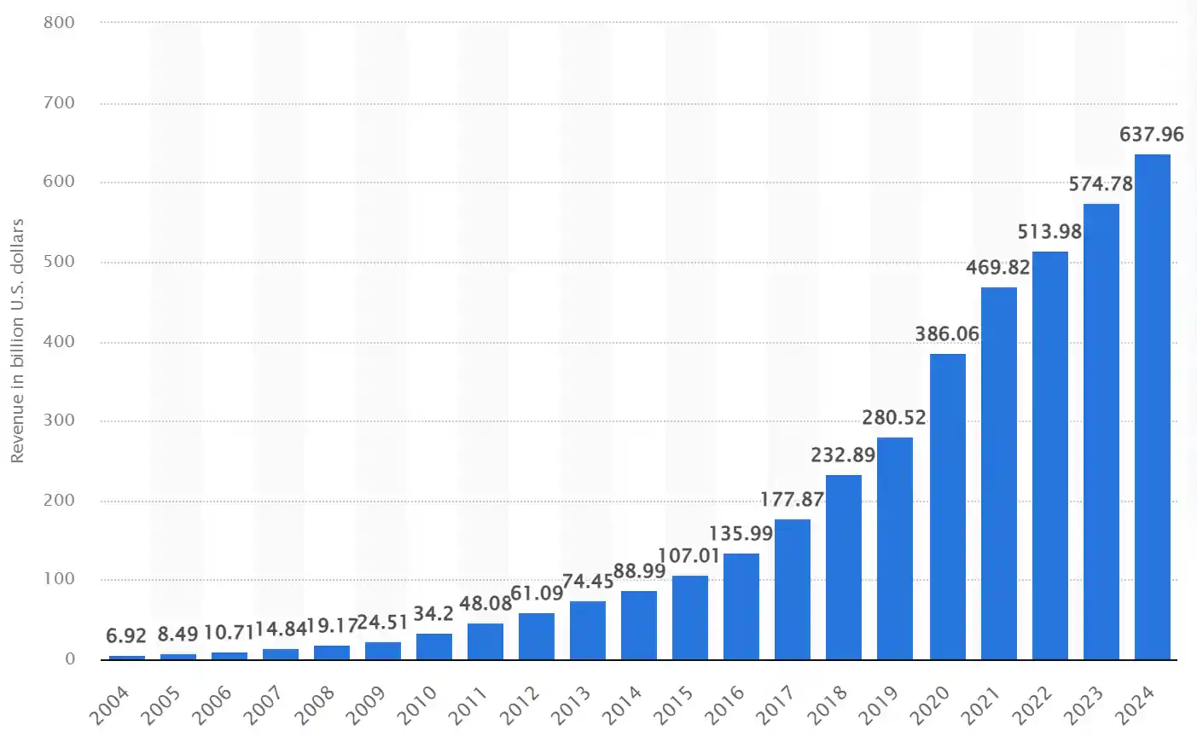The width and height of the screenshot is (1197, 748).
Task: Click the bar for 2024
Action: pyautogui.click(x=1152, y=407)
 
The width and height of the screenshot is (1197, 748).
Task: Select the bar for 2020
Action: pyautogui.click(x=947, y=507)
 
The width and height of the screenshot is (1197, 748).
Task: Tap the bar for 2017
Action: pyautogui.click(x=793, y=589)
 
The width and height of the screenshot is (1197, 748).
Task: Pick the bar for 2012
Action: pyautogui.click(x=537, y=636)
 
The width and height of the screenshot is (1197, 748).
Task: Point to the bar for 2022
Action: pyautogui.click(x=1049, y=455)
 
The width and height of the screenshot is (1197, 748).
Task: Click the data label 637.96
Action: pyautogui.click(x=1152, y=135)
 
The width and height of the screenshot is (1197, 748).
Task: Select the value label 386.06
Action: pyautogui.click(x=947, y=334)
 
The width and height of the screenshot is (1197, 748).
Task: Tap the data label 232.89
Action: pyautogui.click(x=843, y=455)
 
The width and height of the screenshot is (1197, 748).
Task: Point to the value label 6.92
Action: pyautogui.click(x=126, y=636)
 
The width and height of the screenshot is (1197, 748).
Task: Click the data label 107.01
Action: pyautogui.click(x=689, y=556)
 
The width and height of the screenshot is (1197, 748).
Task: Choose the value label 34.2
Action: pyautogui.click(x=433, y=614)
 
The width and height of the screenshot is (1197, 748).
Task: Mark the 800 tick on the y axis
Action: pyautogui.click(x=59, y=23)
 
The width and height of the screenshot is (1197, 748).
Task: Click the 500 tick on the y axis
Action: pyautogui.click(x=59, y=262)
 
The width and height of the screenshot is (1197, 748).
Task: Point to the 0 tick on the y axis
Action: pyautogui.click(x=70, y=659)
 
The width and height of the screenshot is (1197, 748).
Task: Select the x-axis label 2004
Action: pyautogui.click(x=110, y=705)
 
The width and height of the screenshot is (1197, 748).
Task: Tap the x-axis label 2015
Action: pyautogui.click(x=673, y=705)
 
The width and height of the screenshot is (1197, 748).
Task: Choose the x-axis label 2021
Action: pyautogui.click(x=980, y=705)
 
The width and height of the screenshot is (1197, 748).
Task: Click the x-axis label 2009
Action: pyautogui.click(x=366, y=705)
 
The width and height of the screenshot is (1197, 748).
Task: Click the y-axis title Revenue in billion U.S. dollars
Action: pyautogui.click(x=17, y=341)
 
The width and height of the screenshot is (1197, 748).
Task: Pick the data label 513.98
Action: pyautogui.click(x=1049, y=232)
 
